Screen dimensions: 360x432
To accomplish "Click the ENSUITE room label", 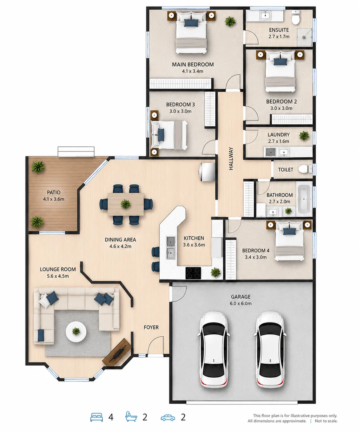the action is pos(279,30).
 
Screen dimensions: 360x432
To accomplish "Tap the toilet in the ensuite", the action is pos(296,18).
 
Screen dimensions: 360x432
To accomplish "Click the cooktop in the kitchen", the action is pos(193,273).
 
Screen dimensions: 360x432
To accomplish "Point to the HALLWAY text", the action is pos(231,158).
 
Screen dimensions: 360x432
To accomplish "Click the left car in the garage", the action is pos(214,349).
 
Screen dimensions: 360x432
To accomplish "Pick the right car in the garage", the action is pos(270,349).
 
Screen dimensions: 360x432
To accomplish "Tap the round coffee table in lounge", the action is pos(76,332).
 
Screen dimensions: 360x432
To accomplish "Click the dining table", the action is pos(126,204).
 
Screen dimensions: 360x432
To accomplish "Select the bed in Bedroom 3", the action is pos(169,135).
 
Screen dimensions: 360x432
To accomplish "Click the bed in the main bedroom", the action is pos(191,32).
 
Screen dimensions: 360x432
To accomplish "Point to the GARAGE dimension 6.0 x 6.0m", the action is pos(241,304).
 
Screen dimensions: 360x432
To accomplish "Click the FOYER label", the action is pos(151,327).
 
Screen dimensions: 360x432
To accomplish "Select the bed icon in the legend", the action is pos(97,417).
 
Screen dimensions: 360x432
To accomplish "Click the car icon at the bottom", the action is pos(168,418).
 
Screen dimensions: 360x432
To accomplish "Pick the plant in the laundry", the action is pos(304,136).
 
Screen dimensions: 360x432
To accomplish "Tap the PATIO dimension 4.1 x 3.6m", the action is pos(54,199).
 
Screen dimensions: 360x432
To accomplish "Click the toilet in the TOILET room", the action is pos(305,169).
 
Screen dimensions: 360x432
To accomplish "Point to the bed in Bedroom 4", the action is pos(289,240).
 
